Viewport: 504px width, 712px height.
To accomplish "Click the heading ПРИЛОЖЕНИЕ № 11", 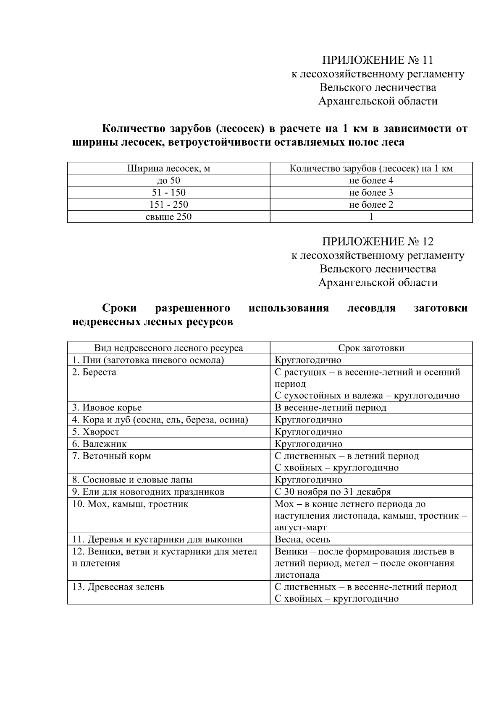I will click(378, 60).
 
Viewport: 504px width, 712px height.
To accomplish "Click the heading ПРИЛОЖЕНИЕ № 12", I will click(378, 242).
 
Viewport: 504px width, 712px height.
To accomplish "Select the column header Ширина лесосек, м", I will click(168, 169).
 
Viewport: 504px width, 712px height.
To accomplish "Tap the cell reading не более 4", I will click(371, 181).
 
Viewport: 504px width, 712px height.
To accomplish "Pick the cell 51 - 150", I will click(168, 193).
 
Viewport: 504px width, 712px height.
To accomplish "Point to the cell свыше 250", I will click(168, 217).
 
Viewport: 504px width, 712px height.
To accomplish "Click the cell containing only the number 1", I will click(371, 217).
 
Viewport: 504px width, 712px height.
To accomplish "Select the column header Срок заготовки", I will click(371, 348).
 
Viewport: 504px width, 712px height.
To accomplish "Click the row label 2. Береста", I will click(94, 373).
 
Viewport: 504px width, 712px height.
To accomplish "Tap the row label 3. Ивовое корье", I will click(107, 408).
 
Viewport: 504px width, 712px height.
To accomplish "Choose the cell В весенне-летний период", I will click(330, 408).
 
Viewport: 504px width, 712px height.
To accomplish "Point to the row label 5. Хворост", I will click(95, 432).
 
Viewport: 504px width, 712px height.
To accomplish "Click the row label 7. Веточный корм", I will click(111, 456).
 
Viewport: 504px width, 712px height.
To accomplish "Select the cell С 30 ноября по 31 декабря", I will click(333, 492).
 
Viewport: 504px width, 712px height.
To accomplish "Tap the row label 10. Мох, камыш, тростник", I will click(130, 504).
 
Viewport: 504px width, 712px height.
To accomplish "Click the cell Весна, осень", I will click(302, 540).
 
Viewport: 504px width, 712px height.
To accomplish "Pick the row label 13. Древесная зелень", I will click(118, 587).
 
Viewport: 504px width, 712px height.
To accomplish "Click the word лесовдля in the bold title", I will click(371, 308).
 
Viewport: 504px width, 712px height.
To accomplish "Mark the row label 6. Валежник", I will click(99, 444).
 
